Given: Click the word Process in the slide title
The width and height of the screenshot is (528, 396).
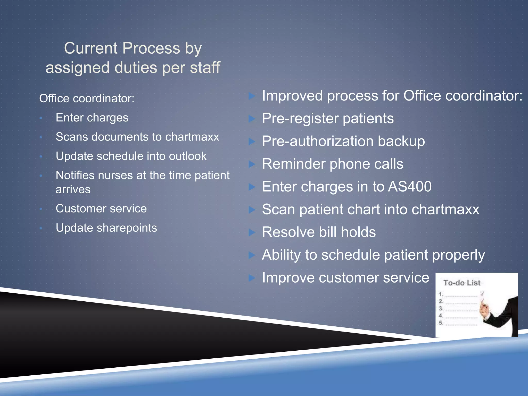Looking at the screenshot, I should (151, 48).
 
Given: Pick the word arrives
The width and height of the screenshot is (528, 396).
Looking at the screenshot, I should (73, 189).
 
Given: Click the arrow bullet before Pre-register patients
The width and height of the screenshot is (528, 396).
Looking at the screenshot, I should (252, 119).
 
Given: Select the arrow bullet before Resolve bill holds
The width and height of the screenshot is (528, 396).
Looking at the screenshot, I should (252, 232).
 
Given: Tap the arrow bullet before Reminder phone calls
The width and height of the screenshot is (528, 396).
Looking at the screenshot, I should (252, 164).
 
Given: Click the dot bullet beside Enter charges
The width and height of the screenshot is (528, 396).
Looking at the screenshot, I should (41, 118).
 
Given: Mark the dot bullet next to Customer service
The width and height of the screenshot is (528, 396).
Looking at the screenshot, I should (41, 209).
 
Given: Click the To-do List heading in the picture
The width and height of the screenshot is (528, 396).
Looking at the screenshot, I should (462, 283).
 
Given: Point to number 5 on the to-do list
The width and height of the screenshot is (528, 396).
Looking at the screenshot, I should (441, 323).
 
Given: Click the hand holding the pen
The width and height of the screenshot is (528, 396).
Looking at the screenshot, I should (485, 308).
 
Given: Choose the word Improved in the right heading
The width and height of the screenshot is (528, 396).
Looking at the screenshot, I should (292, 96).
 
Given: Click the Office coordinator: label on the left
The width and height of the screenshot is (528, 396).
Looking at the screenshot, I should (87, 98).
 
